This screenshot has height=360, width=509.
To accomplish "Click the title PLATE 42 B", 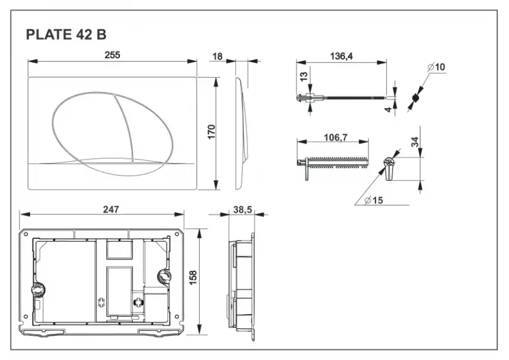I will pyautogui.click(x=66, y=35).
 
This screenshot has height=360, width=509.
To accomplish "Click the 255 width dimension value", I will pyautogui.click(x=112, y=55).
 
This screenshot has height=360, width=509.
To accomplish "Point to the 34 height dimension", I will pyautogui.click(x=415, y=142).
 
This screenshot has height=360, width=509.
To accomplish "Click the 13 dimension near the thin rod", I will pyautogui.click(x=303, y=76).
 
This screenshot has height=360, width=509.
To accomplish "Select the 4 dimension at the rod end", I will pyautogui.click(x=389, y=108).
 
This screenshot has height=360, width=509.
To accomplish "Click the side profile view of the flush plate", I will pyautogui.click(x=242, y=133).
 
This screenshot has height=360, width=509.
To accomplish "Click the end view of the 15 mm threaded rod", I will pyautogui.click(x=389, y=167).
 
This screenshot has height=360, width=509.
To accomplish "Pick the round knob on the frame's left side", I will pyautogui.click(x=37, y=291).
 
